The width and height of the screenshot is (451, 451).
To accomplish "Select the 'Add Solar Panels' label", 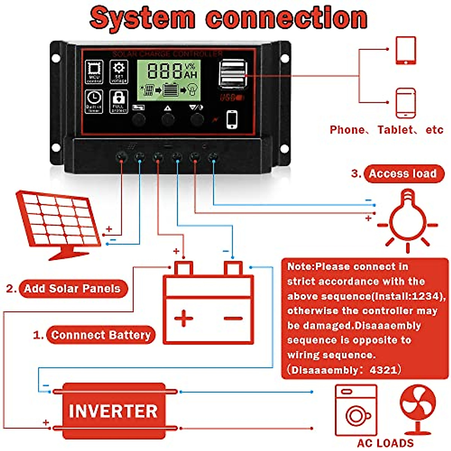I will [73, 289].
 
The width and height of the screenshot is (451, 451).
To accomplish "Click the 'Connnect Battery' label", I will [100, 335].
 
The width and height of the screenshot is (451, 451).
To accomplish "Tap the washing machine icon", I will [355, 410].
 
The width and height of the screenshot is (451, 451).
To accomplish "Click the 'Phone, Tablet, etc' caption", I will [386, 130].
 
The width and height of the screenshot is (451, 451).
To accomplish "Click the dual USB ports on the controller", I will [232, 75].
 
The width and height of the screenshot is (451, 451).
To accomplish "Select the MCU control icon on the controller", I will [94, 71].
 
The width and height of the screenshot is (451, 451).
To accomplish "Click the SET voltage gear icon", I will [119, 71].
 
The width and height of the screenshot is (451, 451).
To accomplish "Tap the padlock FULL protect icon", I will [119, 101].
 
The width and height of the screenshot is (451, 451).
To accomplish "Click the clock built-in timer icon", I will [94, 101].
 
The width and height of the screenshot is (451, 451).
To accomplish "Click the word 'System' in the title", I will [143, 18].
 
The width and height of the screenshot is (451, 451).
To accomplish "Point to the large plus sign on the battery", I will [184, 318].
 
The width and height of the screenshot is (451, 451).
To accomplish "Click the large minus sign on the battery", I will [233, 319].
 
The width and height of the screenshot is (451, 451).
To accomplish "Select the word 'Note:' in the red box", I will [301, 266].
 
